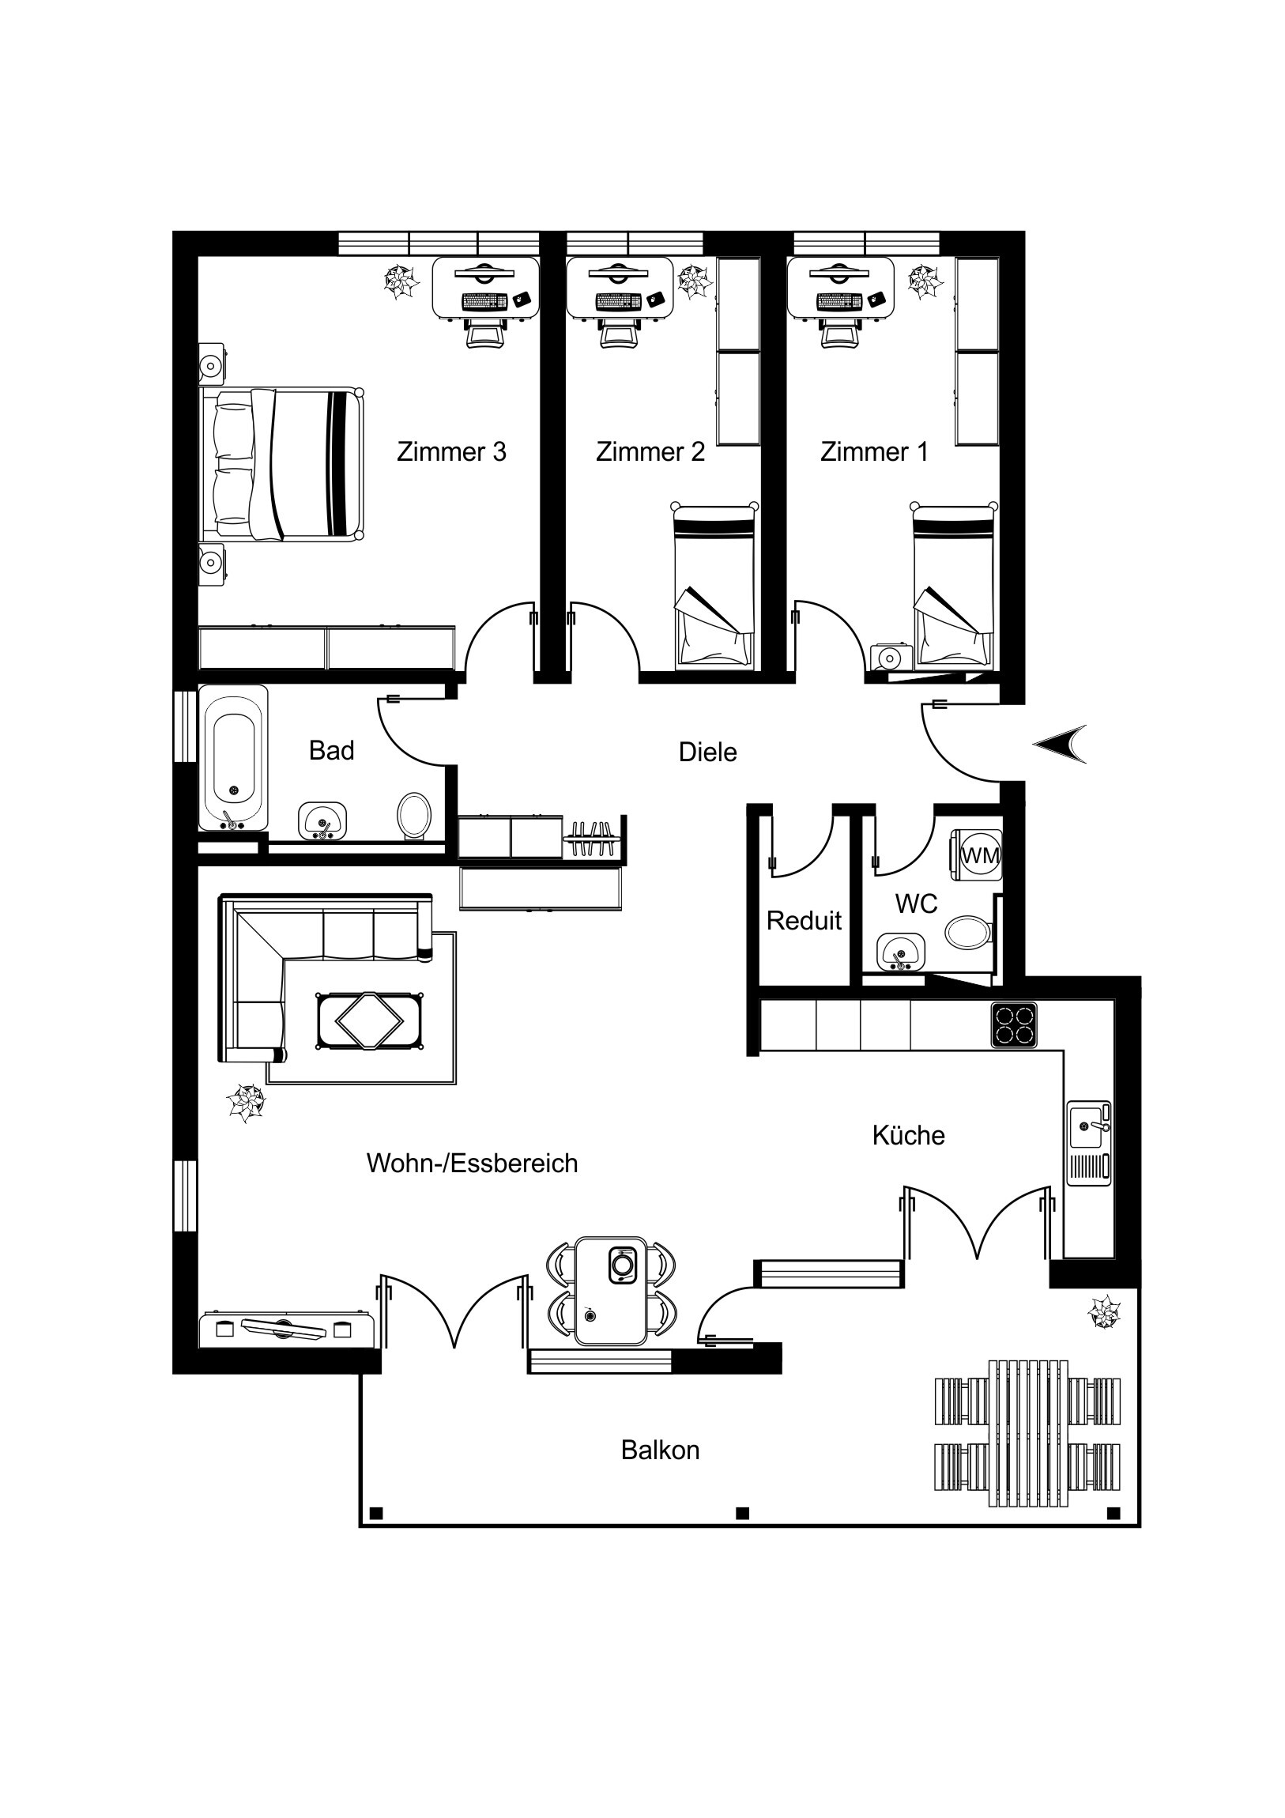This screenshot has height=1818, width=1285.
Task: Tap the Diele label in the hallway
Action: [708, 752]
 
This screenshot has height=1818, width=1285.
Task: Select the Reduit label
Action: [804, 920]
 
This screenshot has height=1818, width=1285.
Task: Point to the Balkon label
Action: [661, 1450]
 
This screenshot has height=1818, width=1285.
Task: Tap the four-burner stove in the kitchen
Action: [1014, 1025]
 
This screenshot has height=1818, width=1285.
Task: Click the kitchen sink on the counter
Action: [1090, 1143]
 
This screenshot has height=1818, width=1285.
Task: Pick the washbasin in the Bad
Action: [322, 820]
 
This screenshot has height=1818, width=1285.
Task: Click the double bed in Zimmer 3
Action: [282, 465]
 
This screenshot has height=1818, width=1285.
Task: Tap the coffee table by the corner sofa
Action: [369, 1021]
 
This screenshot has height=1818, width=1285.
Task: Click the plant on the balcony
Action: [1104, 1314]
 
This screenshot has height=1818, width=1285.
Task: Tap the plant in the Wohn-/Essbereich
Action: [246, 1103]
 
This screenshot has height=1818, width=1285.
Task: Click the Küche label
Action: [908, 1135]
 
